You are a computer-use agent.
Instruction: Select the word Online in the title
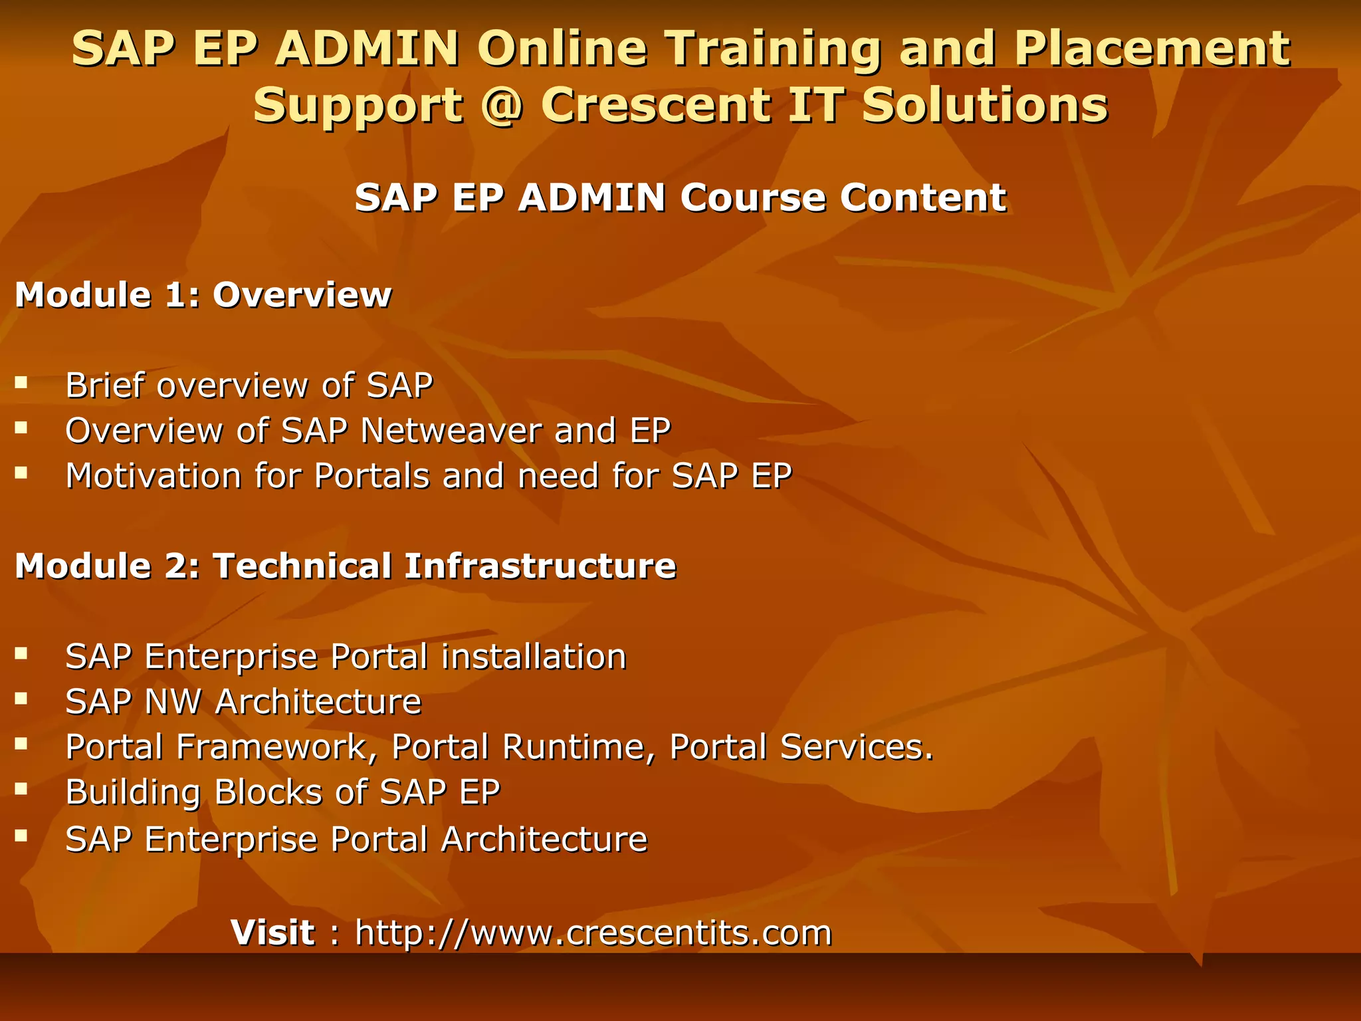pos(562,49)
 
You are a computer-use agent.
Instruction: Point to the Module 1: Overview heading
pos(203,294)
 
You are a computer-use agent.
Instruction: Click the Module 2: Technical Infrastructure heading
pos(346,566)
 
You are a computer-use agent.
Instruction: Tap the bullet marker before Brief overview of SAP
pos(21,382)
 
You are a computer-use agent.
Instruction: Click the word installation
pos(534,656)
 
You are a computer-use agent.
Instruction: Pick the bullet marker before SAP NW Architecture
pos(21,699)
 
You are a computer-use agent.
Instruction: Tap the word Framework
pos(273,746)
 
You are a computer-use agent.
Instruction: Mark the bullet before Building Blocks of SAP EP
pos(21,789)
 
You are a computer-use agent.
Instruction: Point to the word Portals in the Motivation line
pos(372,475)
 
